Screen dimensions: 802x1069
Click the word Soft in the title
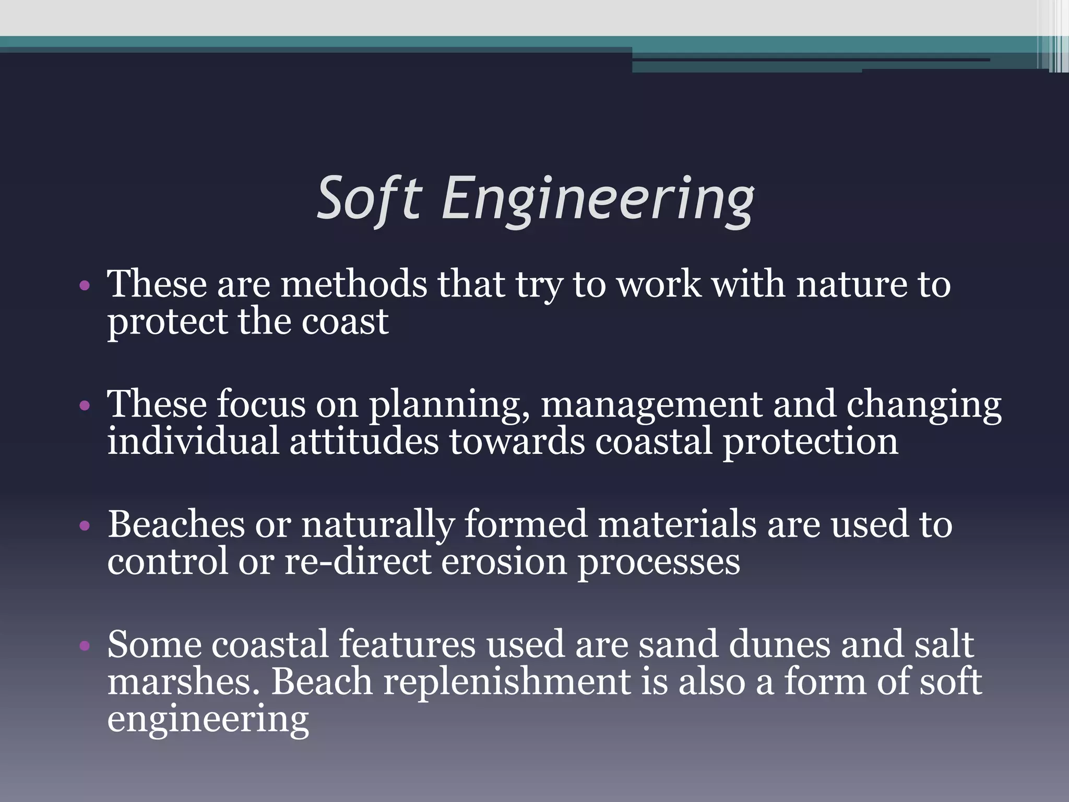pyautogui.click(x=369, y=199)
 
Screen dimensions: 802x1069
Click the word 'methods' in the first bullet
pyautogui.click(x=354, y=285)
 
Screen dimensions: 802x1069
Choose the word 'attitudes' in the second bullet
pyautogui.click(x=364, y=442)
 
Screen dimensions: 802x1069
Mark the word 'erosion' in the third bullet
pyautogui.click(x=504, y=562)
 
